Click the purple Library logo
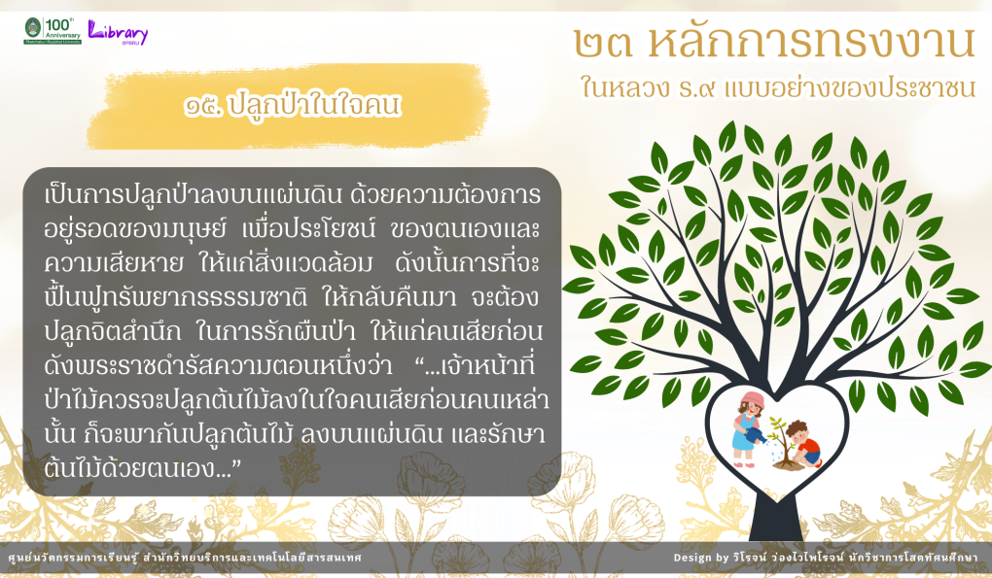click(118, 32)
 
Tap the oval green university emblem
click(33, 28)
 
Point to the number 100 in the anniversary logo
click(58, 25)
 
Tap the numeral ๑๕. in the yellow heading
click(202, 106)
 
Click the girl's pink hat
click(752, 400)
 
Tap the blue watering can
click(756, 435)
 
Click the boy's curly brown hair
click(797, 428)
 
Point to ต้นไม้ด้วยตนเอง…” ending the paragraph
click(143, 469)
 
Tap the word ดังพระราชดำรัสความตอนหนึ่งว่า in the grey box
click(219, 366)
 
